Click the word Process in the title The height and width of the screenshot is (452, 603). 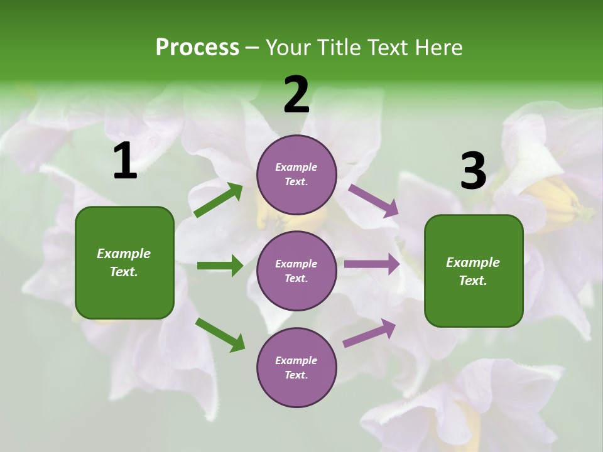click(x=197, y=48)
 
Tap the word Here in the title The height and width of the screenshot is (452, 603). click(x=437, y=48)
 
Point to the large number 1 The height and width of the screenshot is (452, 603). click(x=125, y=161)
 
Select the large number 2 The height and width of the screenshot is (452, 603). click(x=296, y=95)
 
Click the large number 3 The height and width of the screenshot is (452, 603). click(x=473, y=171)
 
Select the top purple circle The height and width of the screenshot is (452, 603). click(x=296, y=175)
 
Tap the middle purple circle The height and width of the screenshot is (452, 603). click(x=296, y=271)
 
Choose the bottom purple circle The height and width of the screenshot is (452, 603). click(x=296, y=368)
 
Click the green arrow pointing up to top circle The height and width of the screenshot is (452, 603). click(x=219, y=200)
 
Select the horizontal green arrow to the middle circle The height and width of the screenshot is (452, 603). click(x=220, y=266)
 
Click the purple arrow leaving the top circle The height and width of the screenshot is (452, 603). click(x=374, y=200)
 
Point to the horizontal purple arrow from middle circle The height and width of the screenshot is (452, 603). click(x=372, y=264)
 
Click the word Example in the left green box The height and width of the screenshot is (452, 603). click(x=124, y=254)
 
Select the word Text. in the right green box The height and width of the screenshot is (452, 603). click(x=473, y=281)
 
